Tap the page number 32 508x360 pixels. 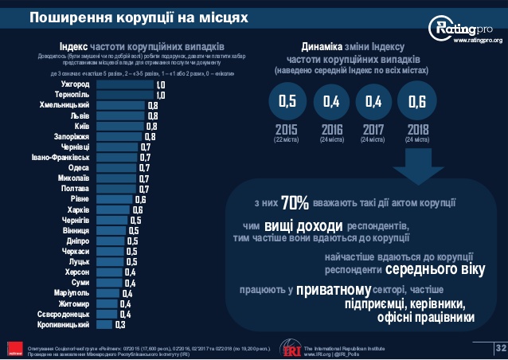pyautogui.click(x=500, y=347)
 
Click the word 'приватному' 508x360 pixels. pyautogui.click(x=334, y=290)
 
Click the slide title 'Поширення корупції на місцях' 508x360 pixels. pyautogui.click(x=139, y=15)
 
